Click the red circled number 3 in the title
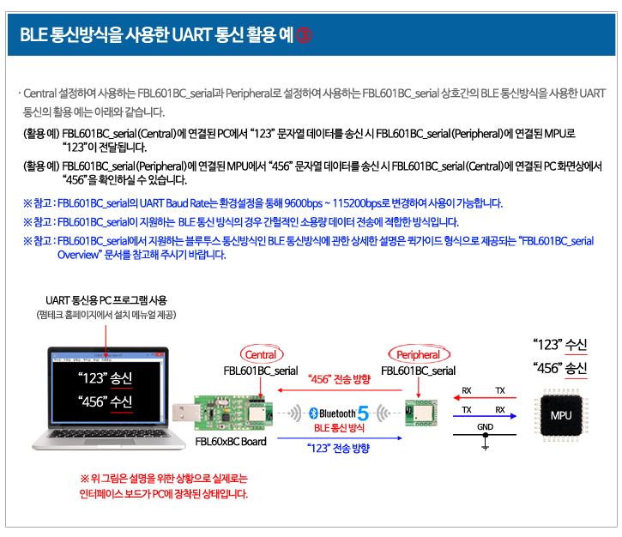pos(304,35)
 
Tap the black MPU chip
pos(561,415)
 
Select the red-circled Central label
pos(262,354)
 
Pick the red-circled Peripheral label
pos(419,354)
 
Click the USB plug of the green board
pos(184,413)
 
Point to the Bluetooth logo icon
pos(313,413)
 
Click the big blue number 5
pos(363,413)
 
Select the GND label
pos(485,426)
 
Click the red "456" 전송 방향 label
pos(339,379)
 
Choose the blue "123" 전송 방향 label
pos(338,448)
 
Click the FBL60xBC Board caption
pos(231,442)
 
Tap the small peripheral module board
pos(421,413)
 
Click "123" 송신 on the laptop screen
pos(106,378)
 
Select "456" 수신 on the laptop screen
pos(106,401)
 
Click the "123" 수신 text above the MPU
pos(559,344)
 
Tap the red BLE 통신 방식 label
pos(339,428)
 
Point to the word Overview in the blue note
pos(78,255)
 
